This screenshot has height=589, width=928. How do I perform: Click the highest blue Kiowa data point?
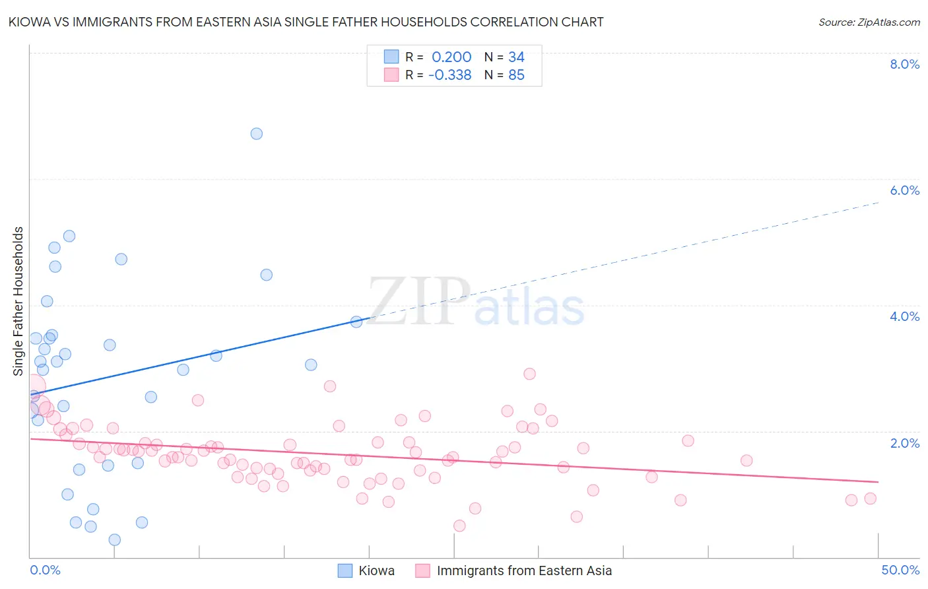(257, 133)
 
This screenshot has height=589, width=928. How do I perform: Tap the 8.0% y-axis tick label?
(904, 64)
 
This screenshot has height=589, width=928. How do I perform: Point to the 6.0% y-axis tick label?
(904, 190)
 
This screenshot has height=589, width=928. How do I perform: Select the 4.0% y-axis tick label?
(904, 316)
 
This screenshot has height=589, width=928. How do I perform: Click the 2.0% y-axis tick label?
(904, 443)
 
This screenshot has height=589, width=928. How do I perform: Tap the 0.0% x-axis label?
(45, 570)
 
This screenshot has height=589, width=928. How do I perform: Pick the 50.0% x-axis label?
(900, 570)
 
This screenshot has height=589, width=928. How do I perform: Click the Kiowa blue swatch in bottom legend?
(345, 571)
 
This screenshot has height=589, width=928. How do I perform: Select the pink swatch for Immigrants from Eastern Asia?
(422, 571)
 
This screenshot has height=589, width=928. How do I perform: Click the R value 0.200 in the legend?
(451, 57)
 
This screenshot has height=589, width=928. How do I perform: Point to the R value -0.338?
(449, 75)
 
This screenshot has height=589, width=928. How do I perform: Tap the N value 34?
(516, 57)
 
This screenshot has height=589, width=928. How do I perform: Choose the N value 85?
(516, 75)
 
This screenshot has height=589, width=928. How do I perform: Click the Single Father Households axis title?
(18, 301)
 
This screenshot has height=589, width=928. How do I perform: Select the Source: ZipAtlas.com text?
(869, 22)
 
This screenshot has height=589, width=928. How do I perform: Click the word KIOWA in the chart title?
(29, 22)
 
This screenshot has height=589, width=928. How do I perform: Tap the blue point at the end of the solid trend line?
(356, 322)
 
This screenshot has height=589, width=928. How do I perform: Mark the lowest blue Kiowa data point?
(115, 539)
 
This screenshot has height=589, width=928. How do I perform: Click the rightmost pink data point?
(871, 499)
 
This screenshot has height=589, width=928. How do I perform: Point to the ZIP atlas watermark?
(476, 302)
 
